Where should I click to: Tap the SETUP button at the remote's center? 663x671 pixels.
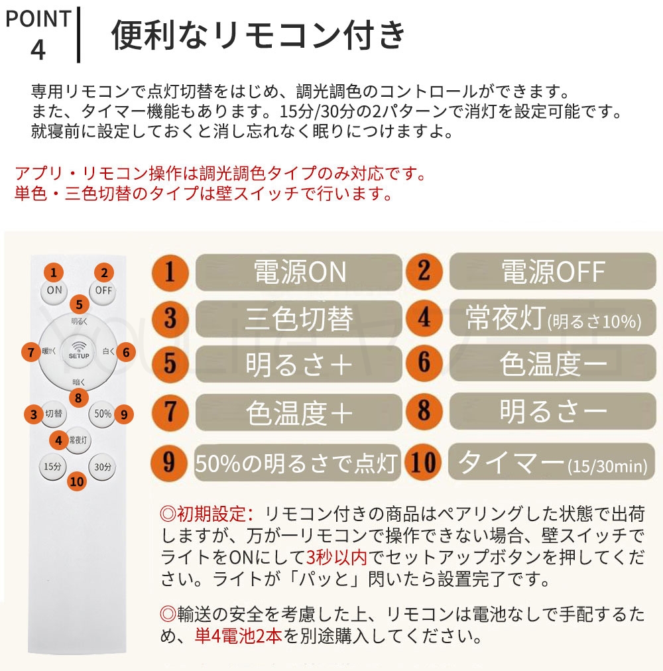78,351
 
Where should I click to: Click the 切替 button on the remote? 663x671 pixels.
54,414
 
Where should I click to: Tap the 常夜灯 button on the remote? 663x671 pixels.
80,440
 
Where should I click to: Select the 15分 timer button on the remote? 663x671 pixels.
53,466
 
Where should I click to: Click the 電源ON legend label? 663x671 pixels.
299,272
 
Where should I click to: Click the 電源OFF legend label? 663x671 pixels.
552,272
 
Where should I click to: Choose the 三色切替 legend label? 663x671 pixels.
299,319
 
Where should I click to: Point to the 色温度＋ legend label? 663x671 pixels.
299,413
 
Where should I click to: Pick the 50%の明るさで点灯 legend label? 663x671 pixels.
298,462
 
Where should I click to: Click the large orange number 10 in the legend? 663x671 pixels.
424,462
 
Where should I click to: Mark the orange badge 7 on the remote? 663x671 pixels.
30,351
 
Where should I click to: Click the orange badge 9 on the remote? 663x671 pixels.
123,414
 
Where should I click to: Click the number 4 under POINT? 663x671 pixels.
38,49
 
